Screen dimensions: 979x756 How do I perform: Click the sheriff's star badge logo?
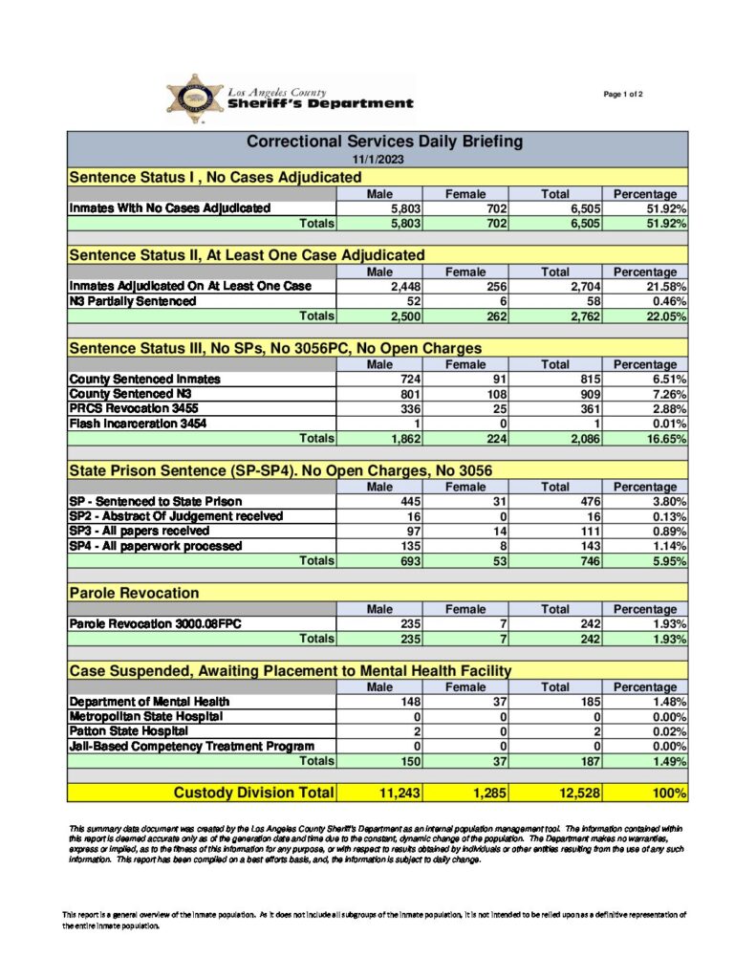click(195, 98)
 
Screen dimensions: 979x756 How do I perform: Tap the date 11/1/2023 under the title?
click(377, 159)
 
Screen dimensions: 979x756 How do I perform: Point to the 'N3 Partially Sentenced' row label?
click(133, 301)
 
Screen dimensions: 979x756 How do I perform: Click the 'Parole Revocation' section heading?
click(135, 594)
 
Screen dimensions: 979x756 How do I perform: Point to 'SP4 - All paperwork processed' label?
click(156, 546)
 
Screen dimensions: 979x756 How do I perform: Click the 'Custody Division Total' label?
click(253, 793)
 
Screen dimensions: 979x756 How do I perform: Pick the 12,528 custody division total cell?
click(560, 793)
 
